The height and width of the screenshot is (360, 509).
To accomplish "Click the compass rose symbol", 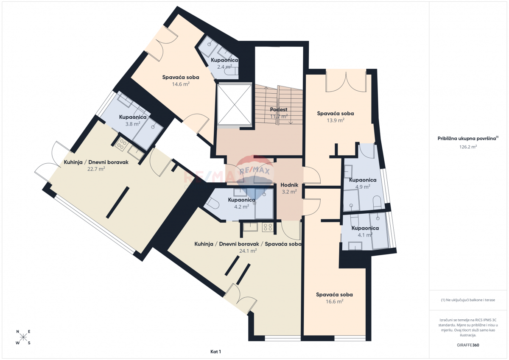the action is pos(23,337).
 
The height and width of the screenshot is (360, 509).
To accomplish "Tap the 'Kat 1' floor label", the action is pos(215,352).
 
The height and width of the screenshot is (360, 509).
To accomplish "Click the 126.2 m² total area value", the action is pos(468,147).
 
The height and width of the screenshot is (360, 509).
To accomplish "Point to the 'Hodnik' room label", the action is pos(289,185).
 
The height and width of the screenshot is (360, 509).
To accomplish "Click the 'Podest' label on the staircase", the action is pos(279,109).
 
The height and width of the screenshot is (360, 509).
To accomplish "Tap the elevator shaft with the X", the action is pos(235,104).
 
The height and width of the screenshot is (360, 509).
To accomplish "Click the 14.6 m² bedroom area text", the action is pos(181,84).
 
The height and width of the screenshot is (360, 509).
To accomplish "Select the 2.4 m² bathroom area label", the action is pos(224,67).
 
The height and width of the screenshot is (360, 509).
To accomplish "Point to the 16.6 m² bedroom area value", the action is pos(334,301).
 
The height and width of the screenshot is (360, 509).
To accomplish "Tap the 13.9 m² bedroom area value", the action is pos(336,120).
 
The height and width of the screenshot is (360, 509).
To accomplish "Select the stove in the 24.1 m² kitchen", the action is pos(268,227).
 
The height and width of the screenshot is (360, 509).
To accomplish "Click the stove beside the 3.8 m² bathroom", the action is pos(121,144).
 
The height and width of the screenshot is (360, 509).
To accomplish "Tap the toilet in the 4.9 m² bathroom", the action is pos(377,202).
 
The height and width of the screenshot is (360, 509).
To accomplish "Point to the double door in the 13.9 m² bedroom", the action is pos(346,82).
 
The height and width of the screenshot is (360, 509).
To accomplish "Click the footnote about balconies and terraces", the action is pos(468,300).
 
